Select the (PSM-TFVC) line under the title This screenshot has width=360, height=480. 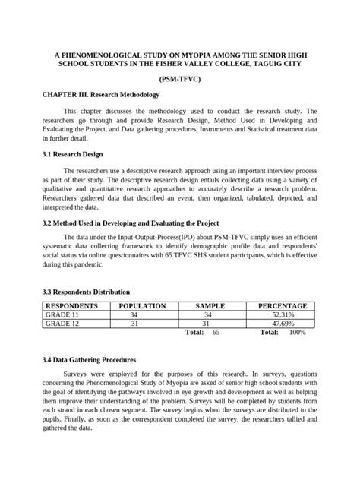tap(179, 80)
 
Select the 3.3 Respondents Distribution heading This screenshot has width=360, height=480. tap(85, 292)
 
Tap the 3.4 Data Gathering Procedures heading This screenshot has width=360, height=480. tap(89, 359)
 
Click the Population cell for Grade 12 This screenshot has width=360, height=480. tap(134, 324)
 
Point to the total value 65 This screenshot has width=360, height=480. tap(216, 333)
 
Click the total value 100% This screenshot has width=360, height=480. tap(297, 333)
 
